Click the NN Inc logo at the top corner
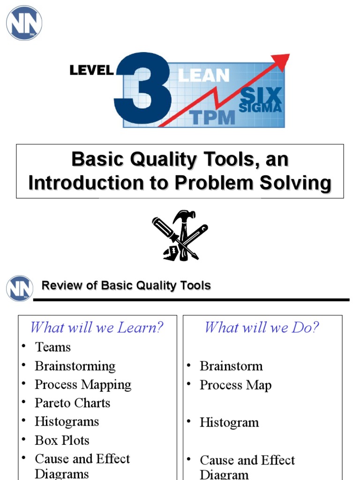24,23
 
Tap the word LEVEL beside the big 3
91,71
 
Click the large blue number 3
143,89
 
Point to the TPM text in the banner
212,117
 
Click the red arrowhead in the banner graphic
281,61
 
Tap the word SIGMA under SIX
260,108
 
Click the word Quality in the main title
157,160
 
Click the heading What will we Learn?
97,327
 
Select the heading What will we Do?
262,327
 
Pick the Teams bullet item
52,347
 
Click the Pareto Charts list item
72,403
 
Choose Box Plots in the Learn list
61,441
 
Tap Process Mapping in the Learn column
83,385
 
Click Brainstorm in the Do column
231,366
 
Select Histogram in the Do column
229,422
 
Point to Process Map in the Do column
235,385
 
